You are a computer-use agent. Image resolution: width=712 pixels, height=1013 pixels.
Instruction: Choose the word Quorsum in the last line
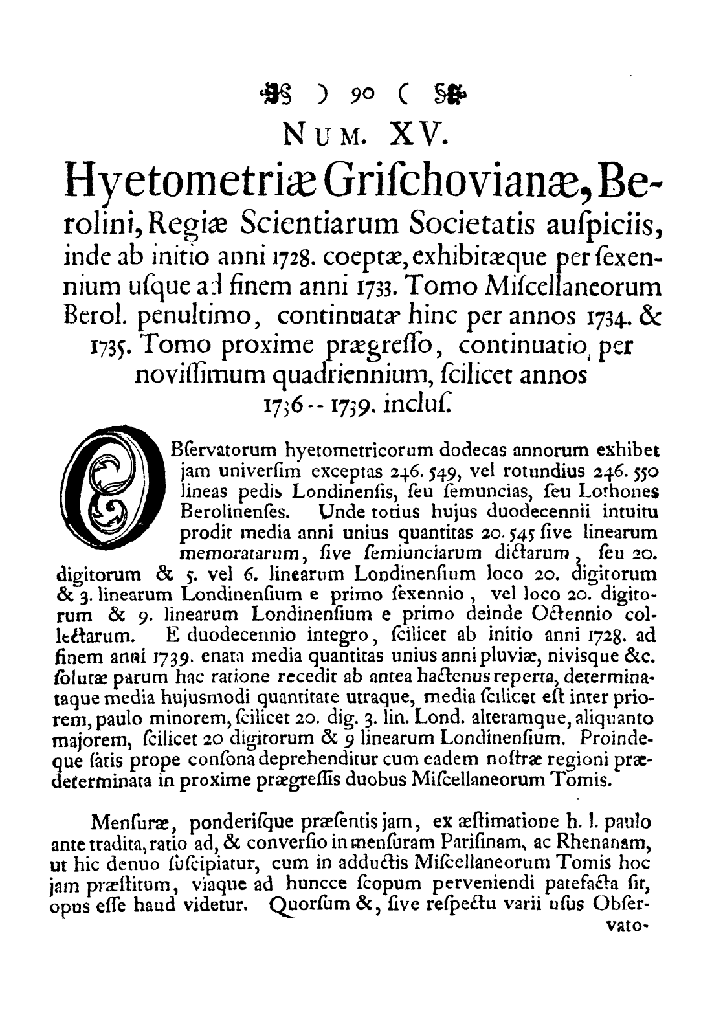pos(307,903)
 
